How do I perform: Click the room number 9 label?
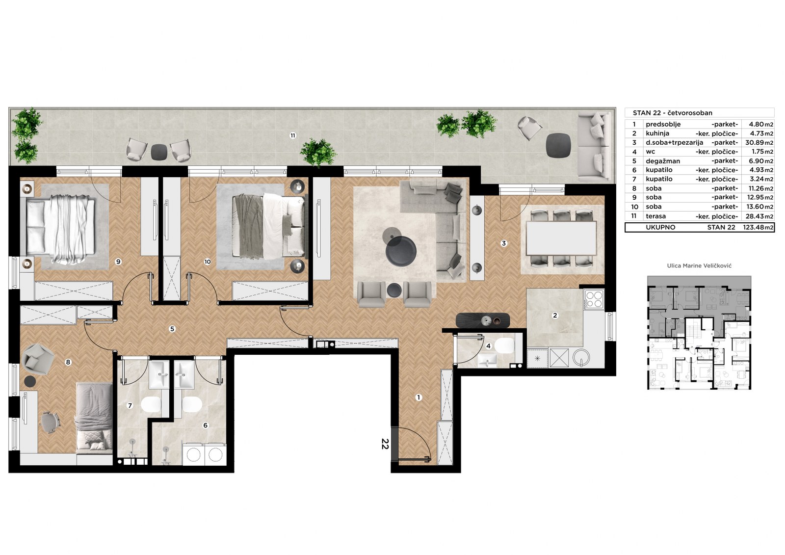point(118,262)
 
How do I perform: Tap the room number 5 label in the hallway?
point(172,329)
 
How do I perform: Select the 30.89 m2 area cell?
point(759,142)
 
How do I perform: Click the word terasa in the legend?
point(655,216)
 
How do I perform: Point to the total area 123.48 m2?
point(759,227)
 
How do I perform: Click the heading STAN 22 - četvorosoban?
point(673,113)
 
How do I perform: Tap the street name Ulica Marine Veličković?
point(699,266)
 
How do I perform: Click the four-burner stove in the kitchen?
point(594,299)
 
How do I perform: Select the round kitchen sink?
point(581,358)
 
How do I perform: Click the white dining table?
point(561,238)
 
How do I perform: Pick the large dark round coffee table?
point(401,251)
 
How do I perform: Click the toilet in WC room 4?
point(504,345)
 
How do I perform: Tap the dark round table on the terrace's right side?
point(558,145)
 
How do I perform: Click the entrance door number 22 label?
point(385,444)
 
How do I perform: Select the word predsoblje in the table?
point(663,124)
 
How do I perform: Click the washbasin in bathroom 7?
point(159,375)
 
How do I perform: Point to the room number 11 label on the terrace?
point(292,135)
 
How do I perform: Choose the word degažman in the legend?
point(663,161)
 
